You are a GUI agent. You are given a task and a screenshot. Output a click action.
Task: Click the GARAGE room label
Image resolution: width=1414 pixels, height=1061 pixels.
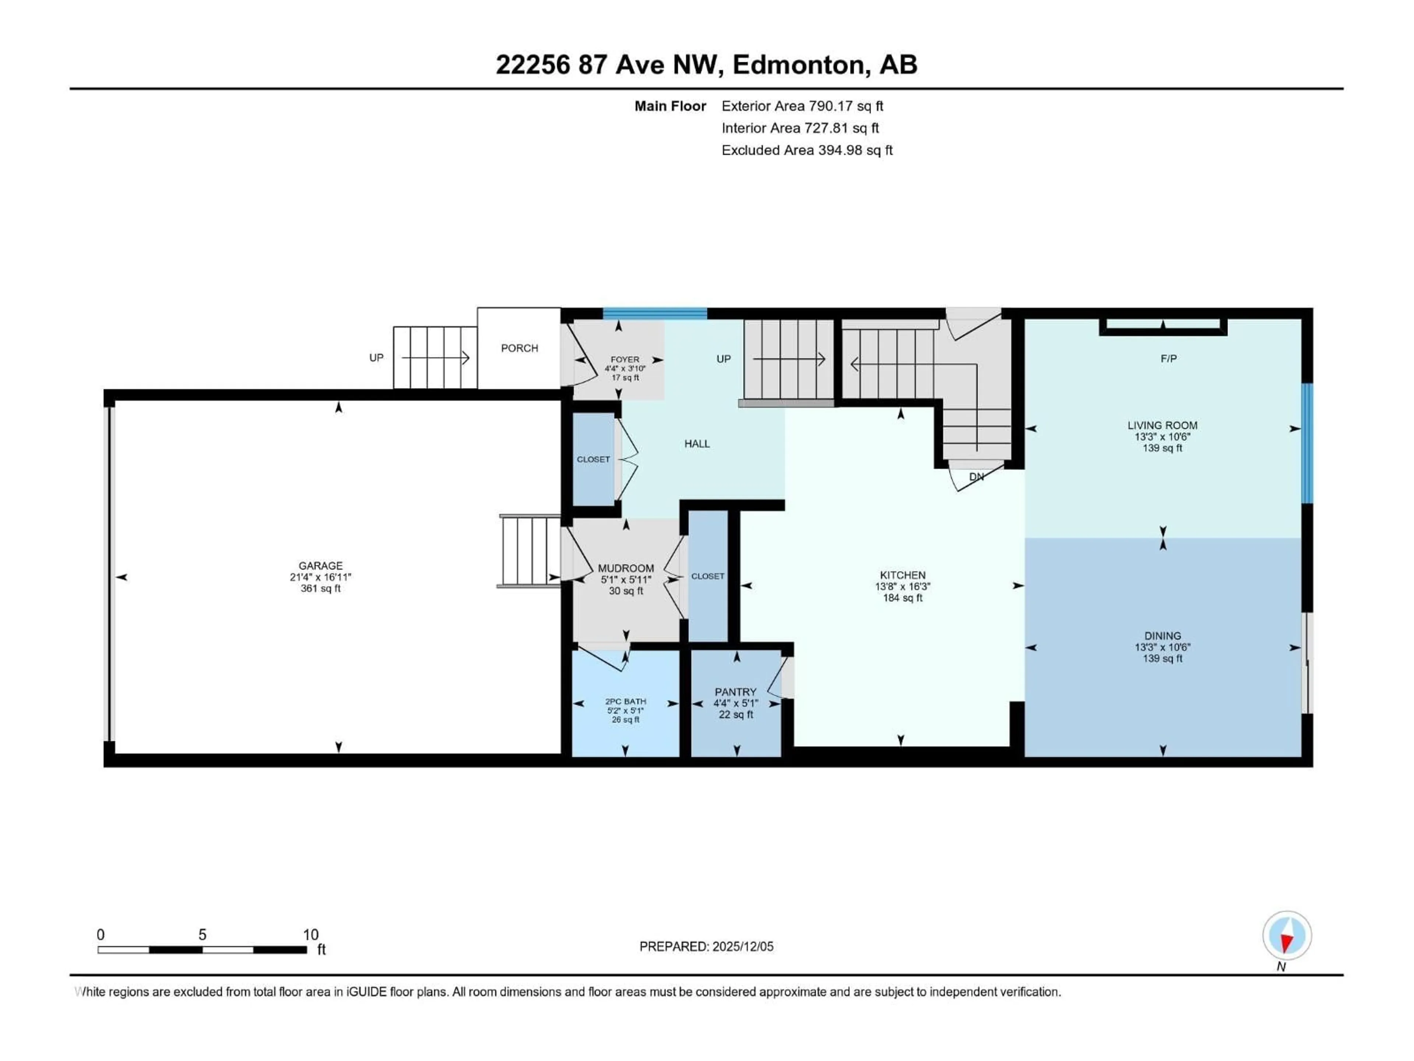(320, 565)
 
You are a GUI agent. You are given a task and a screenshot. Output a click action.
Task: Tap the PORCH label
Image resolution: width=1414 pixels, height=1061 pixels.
(519, 348)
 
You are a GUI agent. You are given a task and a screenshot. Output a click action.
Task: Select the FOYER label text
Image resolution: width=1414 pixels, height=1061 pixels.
(625, 360)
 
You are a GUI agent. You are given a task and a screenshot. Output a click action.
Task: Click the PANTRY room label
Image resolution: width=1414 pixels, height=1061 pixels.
(735, 692)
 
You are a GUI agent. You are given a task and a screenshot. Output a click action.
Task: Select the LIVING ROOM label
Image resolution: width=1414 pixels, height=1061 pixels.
(1162, 425)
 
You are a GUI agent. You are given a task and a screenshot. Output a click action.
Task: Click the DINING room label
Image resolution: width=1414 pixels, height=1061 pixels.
(1162, 636)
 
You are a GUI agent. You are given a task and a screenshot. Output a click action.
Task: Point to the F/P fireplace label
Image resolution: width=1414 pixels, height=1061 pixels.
(1168, 359)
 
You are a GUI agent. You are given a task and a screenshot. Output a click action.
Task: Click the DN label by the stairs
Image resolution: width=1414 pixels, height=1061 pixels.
(976, 476)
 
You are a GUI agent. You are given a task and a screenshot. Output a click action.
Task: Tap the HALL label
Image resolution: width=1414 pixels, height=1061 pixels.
(697, 444)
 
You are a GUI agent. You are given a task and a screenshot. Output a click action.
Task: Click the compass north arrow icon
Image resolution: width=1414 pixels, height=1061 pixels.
(1287, 936)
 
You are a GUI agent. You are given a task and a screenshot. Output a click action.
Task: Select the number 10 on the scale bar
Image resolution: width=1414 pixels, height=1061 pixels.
(311, 934)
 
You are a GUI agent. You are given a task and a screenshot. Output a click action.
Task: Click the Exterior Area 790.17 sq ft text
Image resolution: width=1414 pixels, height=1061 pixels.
(802, 106)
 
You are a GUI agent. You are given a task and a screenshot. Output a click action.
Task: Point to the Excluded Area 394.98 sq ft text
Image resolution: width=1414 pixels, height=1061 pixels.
(807, 150)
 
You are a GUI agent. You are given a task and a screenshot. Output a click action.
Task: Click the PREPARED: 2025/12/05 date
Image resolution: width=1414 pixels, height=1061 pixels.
(706, 946)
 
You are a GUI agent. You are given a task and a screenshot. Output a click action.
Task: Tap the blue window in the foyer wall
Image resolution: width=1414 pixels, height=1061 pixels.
(655, 314)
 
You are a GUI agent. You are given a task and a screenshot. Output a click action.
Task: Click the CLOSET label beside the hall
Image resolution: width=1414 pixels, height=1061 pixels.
(593, 459)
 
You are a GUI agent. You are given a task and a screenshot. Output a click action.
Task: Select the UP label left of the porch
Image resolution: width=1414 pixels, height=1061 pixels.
(376, 357)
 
